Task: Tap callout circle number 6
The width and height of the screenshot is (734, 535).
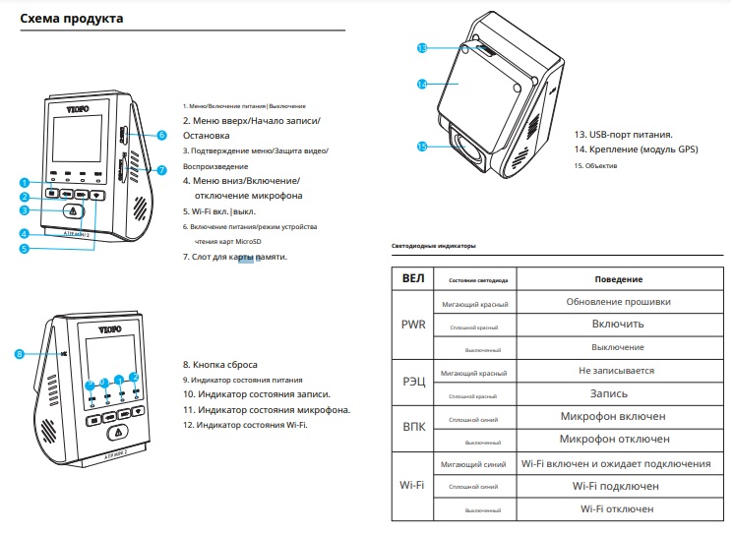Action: point(161,135)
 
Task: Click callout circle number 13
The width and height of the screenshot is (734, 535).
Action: point(420,47)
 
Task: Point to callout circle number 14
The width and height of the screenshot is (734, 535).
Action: point(420,85)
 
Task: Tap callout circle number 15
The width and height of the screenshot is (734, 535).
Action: point(420,147)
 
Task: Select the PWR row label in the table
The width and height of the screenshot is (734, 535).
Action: point(413,325)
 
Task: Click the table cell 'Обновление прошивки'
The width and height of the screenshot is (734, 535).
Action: point(618,302)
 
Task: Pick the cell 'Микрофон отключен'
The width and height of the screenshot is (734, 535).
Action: point(618,439)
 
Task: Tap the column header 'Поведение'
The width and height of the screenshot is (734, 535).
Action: point(618,279)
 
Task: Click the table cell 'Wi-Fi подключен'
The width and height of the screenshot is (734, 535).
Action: point(618,486)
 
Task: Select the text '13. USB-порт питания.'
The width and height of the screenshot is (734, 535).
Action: point(623,134)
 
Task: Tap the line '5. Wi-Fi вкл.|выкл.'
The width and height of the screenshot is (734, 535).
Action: point(221,211)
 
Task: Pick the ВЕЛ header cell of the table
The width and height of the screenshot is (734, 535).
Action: point(413,279)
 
